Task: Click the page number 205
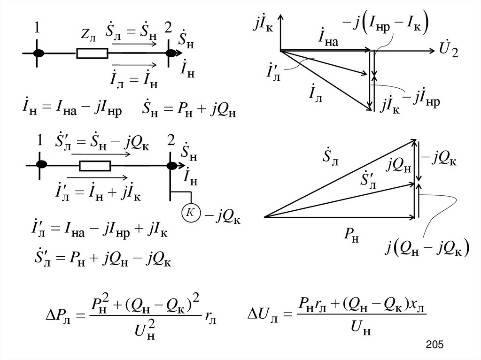[x=435, y=345]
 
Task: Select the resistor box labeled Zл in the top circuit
[x=92, y=54]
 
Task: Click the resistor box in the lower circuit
[x=95, y=166]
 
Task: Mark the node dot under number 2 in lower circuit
[x=171, y=166]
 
